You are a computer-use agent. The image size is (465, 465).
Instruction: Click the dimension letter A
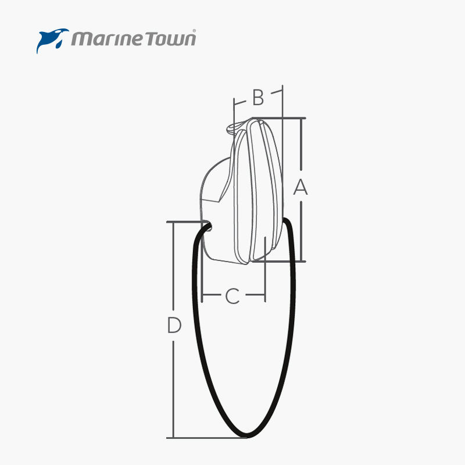[x=300, y=187]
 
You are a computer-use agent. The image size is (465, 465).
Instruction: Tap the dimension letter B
[x=258, y=98]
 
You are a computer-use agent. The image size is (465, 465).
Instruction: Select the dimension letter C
[x=232, y=296]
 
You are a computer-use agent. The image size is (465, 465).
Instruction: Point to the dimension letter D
[x=174, y=325]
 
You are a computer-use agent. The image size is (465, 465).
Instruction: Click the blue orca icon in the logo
[x=52, y=40]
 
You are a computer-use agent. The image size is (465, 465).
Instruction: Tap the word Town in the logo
[x=171, y=39]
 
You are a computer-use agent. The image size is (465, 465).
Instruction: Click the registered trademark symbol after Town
[x=194, y=33]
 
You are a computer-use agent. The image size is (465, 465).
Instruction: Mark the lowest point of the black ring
[x=248, y=435]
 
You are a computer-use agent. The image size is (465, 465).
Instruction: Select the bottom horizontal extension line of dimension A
[x=279, y=262]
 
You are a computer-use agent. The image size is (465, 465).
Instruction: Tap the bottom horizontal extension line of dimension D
[x=203, y=438]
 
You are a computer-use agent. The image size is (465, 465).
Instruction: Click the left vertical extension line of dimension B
[x=234, y=110]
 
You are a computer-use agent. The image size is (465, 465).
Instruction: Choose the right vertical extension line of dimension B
[x=282, y=102]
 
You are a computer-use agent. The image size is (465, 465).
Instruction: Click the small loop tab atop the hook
[x=235, y=126]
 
